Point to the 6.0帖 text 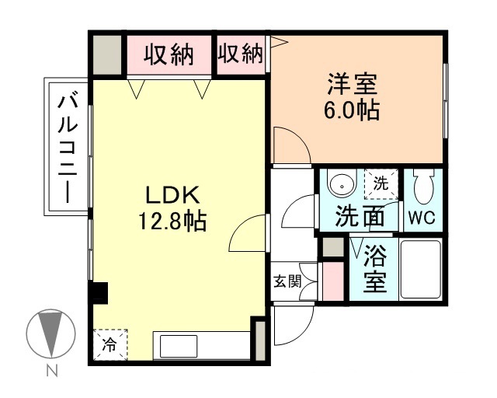[350, 111]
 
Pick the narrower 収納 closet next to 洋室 [240, 55]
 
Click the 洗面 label [360, 217]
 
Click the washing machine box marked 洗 [381, 185]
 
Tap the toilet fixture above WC [424, 187]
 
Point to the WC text [423, 218]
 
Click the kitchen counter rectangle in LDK [202, 345]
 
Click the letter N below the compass [52, 372]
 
